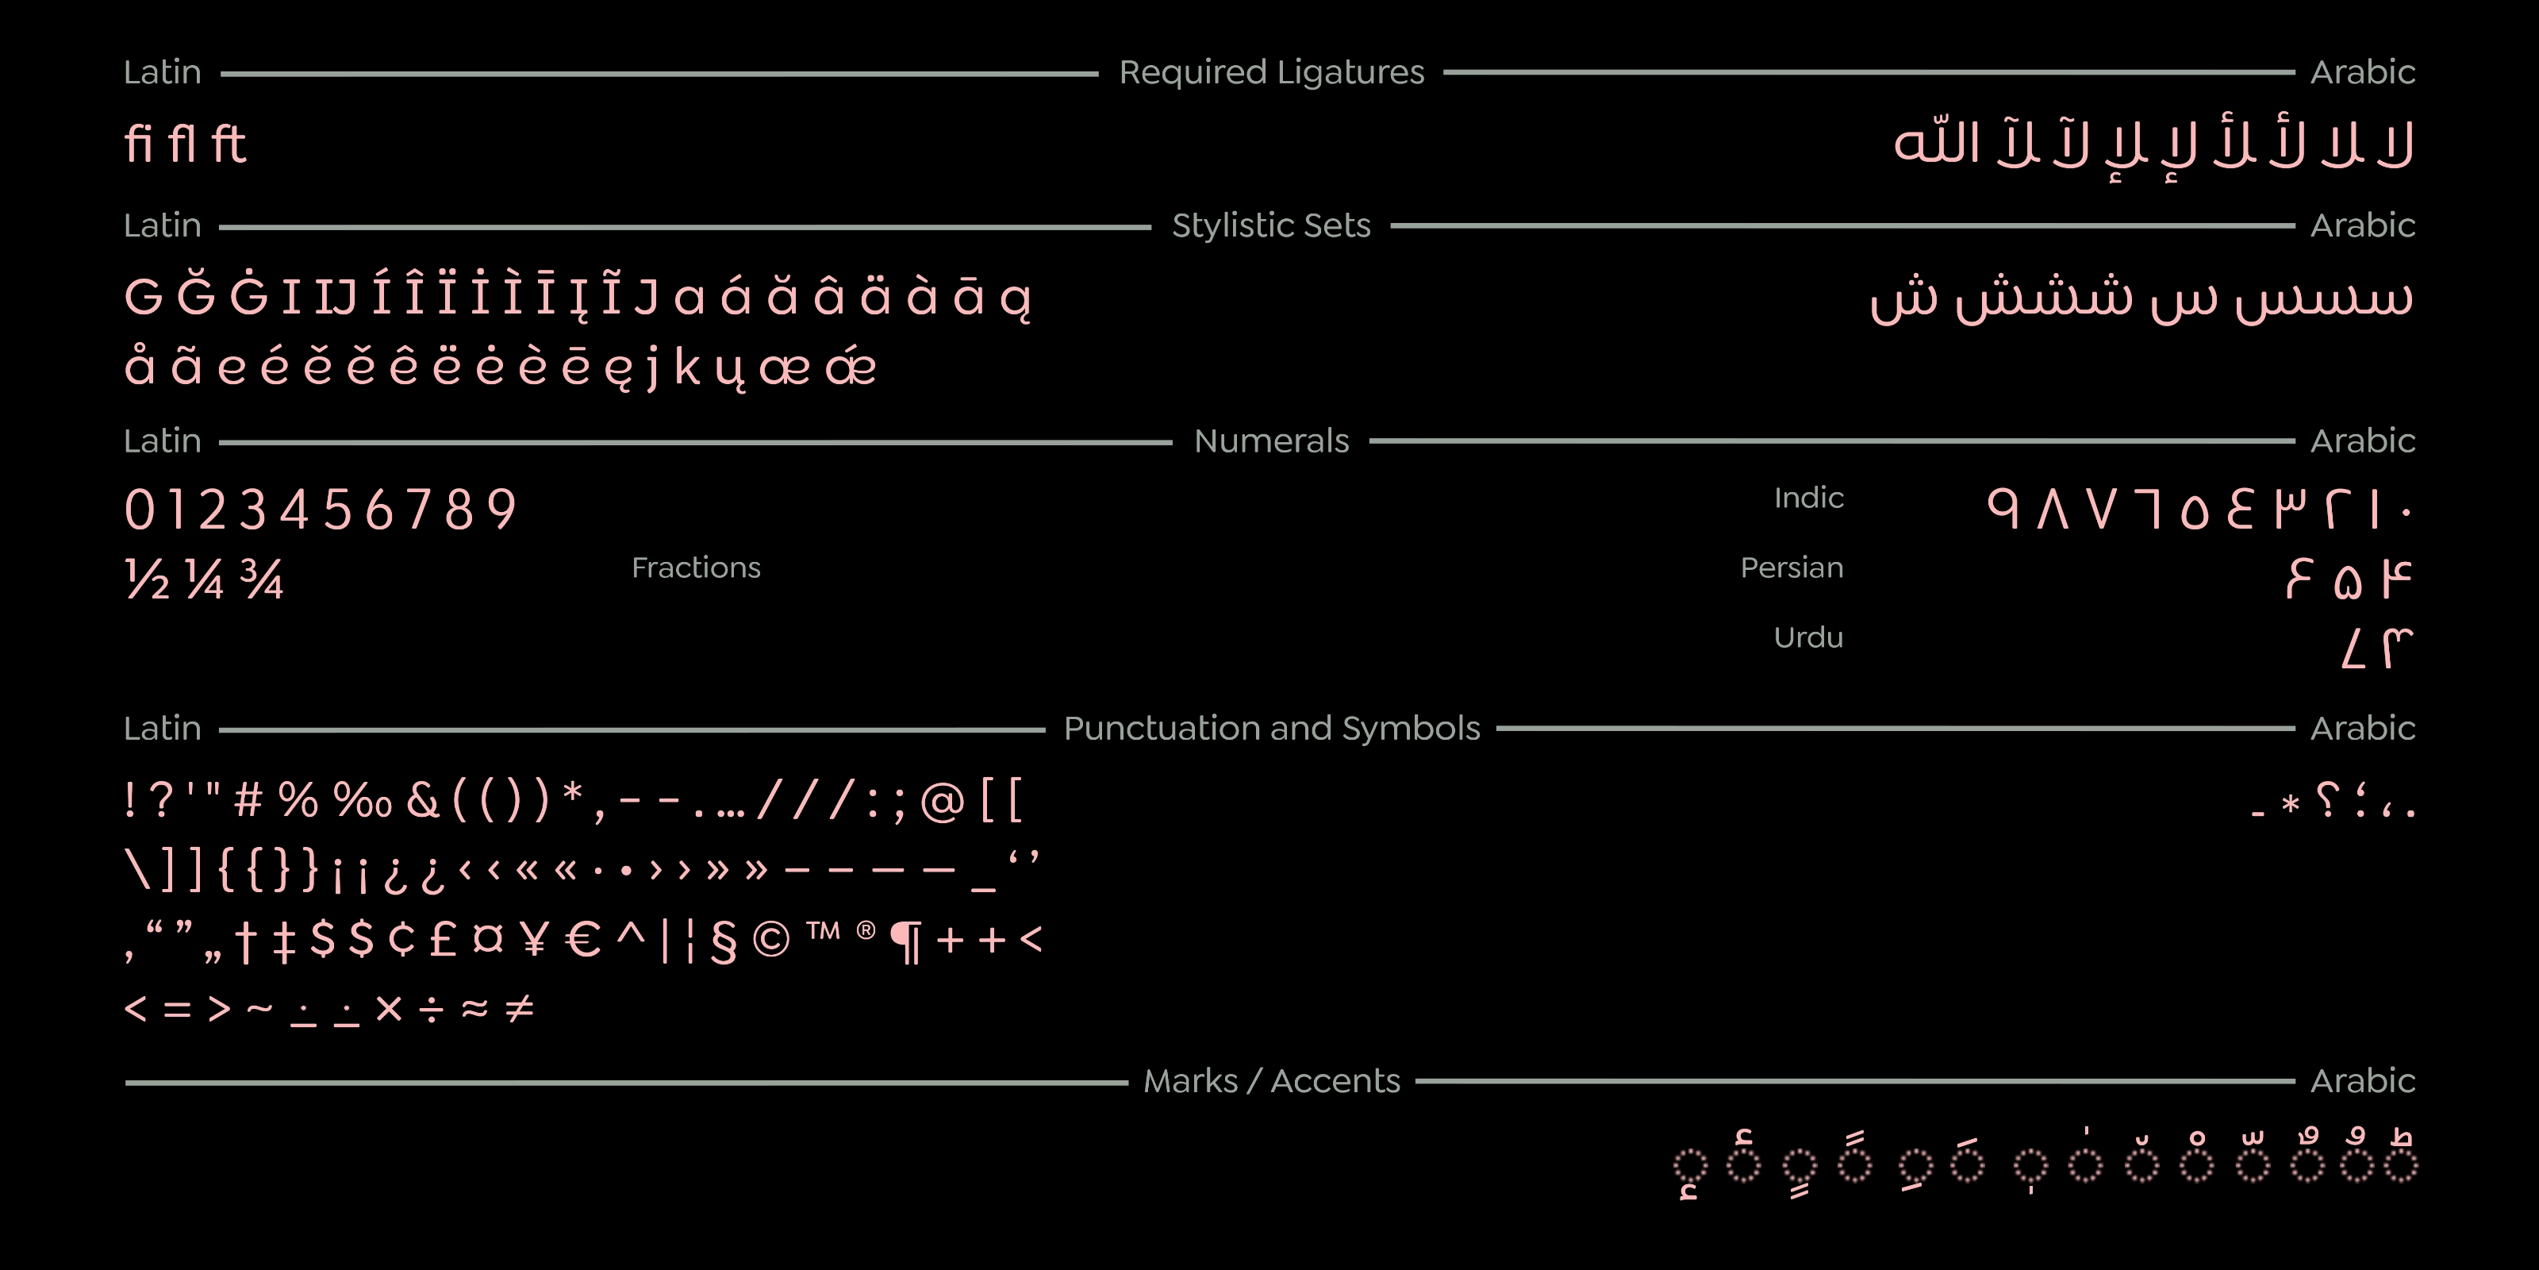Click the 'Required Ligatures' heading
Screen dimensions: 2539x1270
pos(1271,73)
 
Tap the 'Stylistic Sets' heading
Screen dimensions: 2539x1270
pos(1271,225)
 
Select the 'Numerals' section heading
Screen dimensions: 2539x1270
pos(1271,441)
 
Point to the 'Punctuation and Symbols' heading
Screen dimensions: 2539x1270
pos(1271,729)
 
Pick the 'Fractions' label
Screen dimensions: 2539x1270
pos(696,568)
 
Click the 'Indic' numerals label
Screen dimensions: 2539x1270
pos(1809,498)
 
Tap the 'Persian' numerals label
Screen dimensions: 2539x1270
pos(1792,568)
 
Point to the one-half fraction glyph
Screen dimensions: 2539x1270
pos(148,579)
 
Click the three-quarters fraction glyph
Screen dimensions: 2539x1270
pos(262,579)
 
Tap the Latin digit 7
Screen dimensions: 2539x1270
pos(418,510)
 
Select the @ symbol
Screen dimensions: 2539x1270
pos(943,801)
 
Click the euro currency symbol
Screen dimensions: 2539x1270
pos(583,939)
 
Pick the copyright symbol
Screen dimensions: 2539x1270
pos(770,940)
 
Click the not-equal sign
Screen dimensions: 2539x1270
pos(520,1008)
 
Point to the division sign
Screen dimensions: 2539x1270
pos(431,1009)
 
